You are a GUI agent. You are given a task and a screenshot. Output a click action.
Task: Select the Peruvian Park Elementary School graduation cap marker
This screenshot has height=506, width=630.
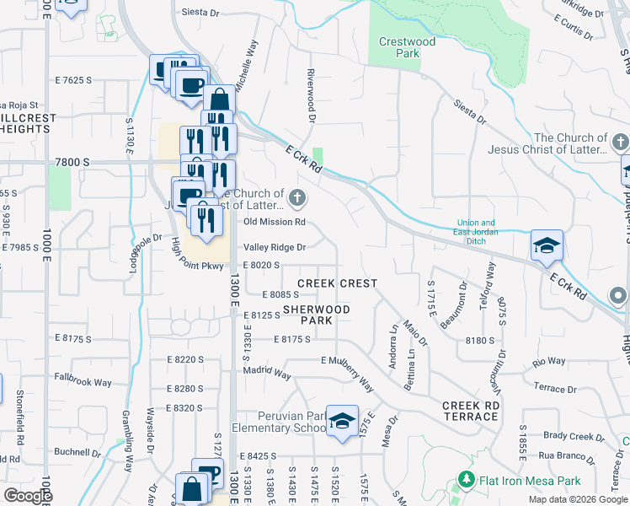click(x=342, y=421)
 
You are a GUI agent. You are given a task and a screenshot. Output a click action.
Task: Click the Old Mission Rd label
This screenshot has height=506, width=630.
click(x=273, y=222)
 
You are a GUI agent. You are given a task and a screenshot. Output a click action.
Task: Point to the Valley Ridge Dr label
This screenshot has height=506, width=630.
click(x=274, y=247)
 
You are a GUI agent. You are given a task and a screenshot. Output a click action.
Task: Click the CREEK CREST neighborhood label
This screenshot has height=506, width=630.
click(x=337, y=283)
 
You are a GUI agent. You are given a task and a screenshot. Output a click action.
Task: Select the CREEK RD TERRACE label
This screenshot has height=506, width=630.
click(x=470, y=411)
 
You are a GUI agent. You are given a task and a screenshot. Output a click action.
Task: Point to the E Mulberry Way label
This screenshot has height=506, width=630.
click(x=347, y=373)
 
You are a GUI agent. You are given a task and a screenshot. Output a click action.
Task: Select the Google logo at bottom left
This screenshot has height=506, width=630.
click(x=28, y=496)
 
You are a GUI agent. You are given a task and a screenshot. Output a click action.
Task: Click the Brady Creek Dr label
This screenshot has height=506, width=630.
click(x=569, y=436)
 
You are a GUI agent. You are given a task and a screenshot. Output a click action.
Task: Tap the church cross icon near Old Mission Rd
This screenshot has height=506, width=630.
click(x=296, y=199)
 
